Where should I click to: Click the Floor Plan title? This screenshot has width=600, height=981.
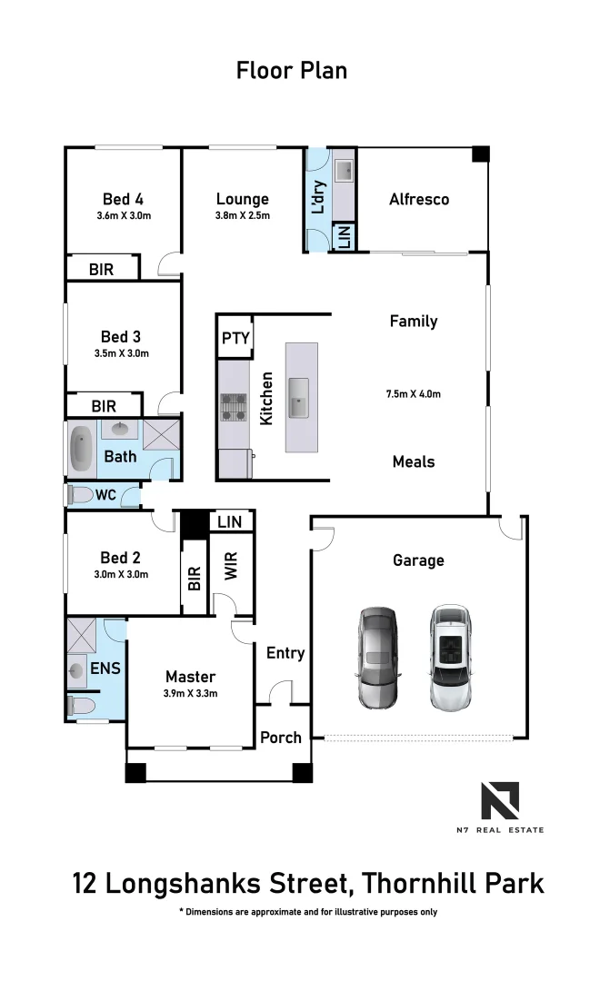292,70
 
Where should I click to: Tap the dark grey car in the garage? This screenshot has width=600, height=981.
376,658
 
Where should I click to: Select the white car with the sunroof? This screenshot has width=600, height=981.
450,658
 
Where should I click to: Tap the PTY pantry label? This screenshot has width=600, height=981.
234,339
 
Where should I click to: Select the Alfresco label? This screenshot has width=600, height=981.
418,199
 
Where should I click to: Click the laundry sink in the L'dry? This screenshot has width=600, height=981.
345,170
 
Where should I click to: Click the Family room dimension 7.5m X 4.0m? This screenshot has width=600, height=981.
413,394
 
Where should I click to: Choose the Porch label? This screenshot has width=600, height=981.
280,737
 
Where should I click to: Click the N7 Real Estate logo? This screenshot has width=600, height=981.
500,803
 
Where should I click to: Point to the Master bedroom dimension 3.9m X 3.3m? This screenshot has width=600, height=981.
190,693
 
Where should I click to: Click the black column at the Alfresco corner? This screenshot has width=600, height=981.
479,154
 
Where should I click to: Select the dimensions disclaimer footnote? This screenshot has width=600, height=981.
308,911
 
